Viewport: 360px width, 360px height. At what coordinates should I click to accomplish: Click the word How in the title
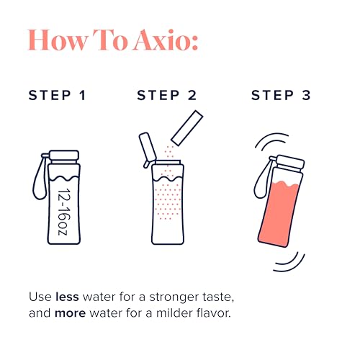pyautogui.click(x=61, y=42)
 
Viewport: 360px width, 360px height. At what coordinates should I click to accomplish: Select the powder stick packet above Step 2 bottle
pyautogui.click(x=184, y=127)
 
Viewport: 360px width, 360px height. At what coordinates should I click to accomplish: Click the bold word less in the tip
pyautogui.click(x=68, y=296)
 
